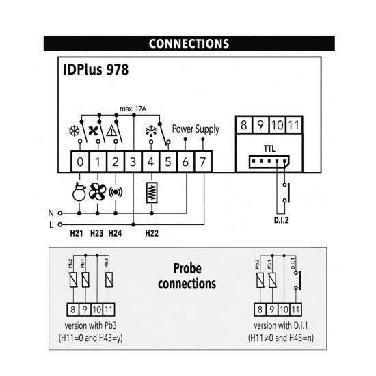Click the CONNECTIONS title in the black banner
point(189,44)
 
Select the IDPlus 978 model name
point(96,70)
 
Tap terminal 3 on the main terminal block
point(133,161)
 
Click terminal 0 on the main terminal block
point(80,161)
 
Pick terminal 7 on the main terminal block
point(203,161)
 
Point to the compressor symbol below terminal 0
point(79,191)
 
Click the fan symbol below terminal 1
point(97,191)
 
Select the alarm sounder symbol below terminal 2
point(116,192)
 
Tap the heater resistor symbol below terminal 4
point(152,193)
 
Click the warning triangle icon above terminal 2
point(111,131)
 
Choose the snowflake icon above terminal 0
point(75,131)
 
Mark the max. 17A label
point(133,109)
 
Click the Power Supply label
point(196,129)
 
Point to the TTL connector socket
point(269,161)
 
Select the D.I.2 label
point(281,220)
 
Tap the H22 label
point(152,233)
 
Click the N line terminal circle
point(60,213)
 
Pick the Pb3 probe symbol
point(109,280)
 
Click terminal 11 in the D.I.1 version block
point(295,310)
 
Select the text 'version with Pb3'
point(91,325)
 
